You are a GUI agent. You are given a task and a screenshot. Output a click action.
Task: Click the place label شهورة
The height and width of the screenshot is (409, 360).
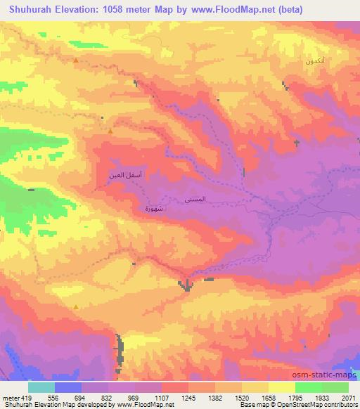(153, 208)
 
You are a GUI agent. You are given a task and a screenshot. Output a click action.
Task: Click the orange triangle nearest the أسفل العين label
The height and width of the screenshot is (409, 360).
(110, 130)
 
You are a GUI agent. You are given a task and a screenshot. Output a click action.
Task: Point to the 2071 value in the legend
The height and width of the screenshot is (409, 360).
(348, 397)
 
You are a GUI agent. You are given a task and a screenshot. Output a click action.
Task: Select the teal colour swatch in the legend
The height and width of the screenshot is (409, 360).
(41, 387)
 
